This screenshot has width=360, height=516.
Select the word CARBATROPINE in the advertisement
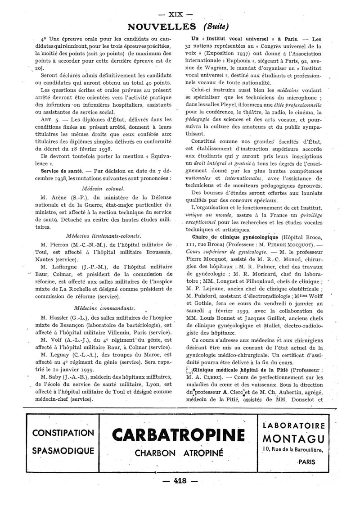coord(180,435)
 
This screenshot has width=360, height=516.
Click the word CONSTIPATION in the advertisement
coord(63,433)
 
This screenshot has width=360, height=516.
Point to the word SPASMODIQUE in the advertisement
coord(63,451)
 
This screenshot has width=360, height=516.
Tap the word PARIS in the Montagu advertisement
coord(306,461)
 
